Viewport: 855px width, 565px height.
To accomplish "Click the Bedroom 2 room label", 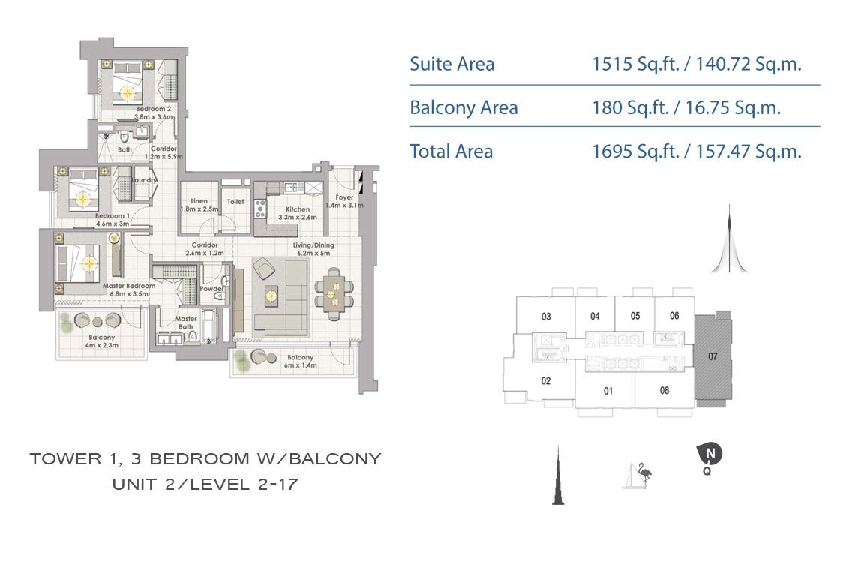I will coord(154,113).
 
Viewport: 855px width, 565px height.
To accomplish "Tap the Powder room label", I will coord(211,289).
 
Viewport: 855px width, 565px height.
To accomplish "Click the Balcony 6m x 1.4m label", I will coord(298,362).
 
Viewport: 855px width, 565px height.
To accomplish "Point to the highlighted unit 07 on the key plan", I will coord(712,357).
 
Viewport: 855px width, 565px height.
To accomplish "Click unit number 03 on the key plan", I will coord(546,316).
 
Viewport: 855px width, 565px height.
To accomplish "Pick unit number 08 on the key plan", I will coord(664,390).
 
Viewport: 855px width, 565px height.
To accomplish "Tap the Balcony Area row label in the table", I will coord(463,108).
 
